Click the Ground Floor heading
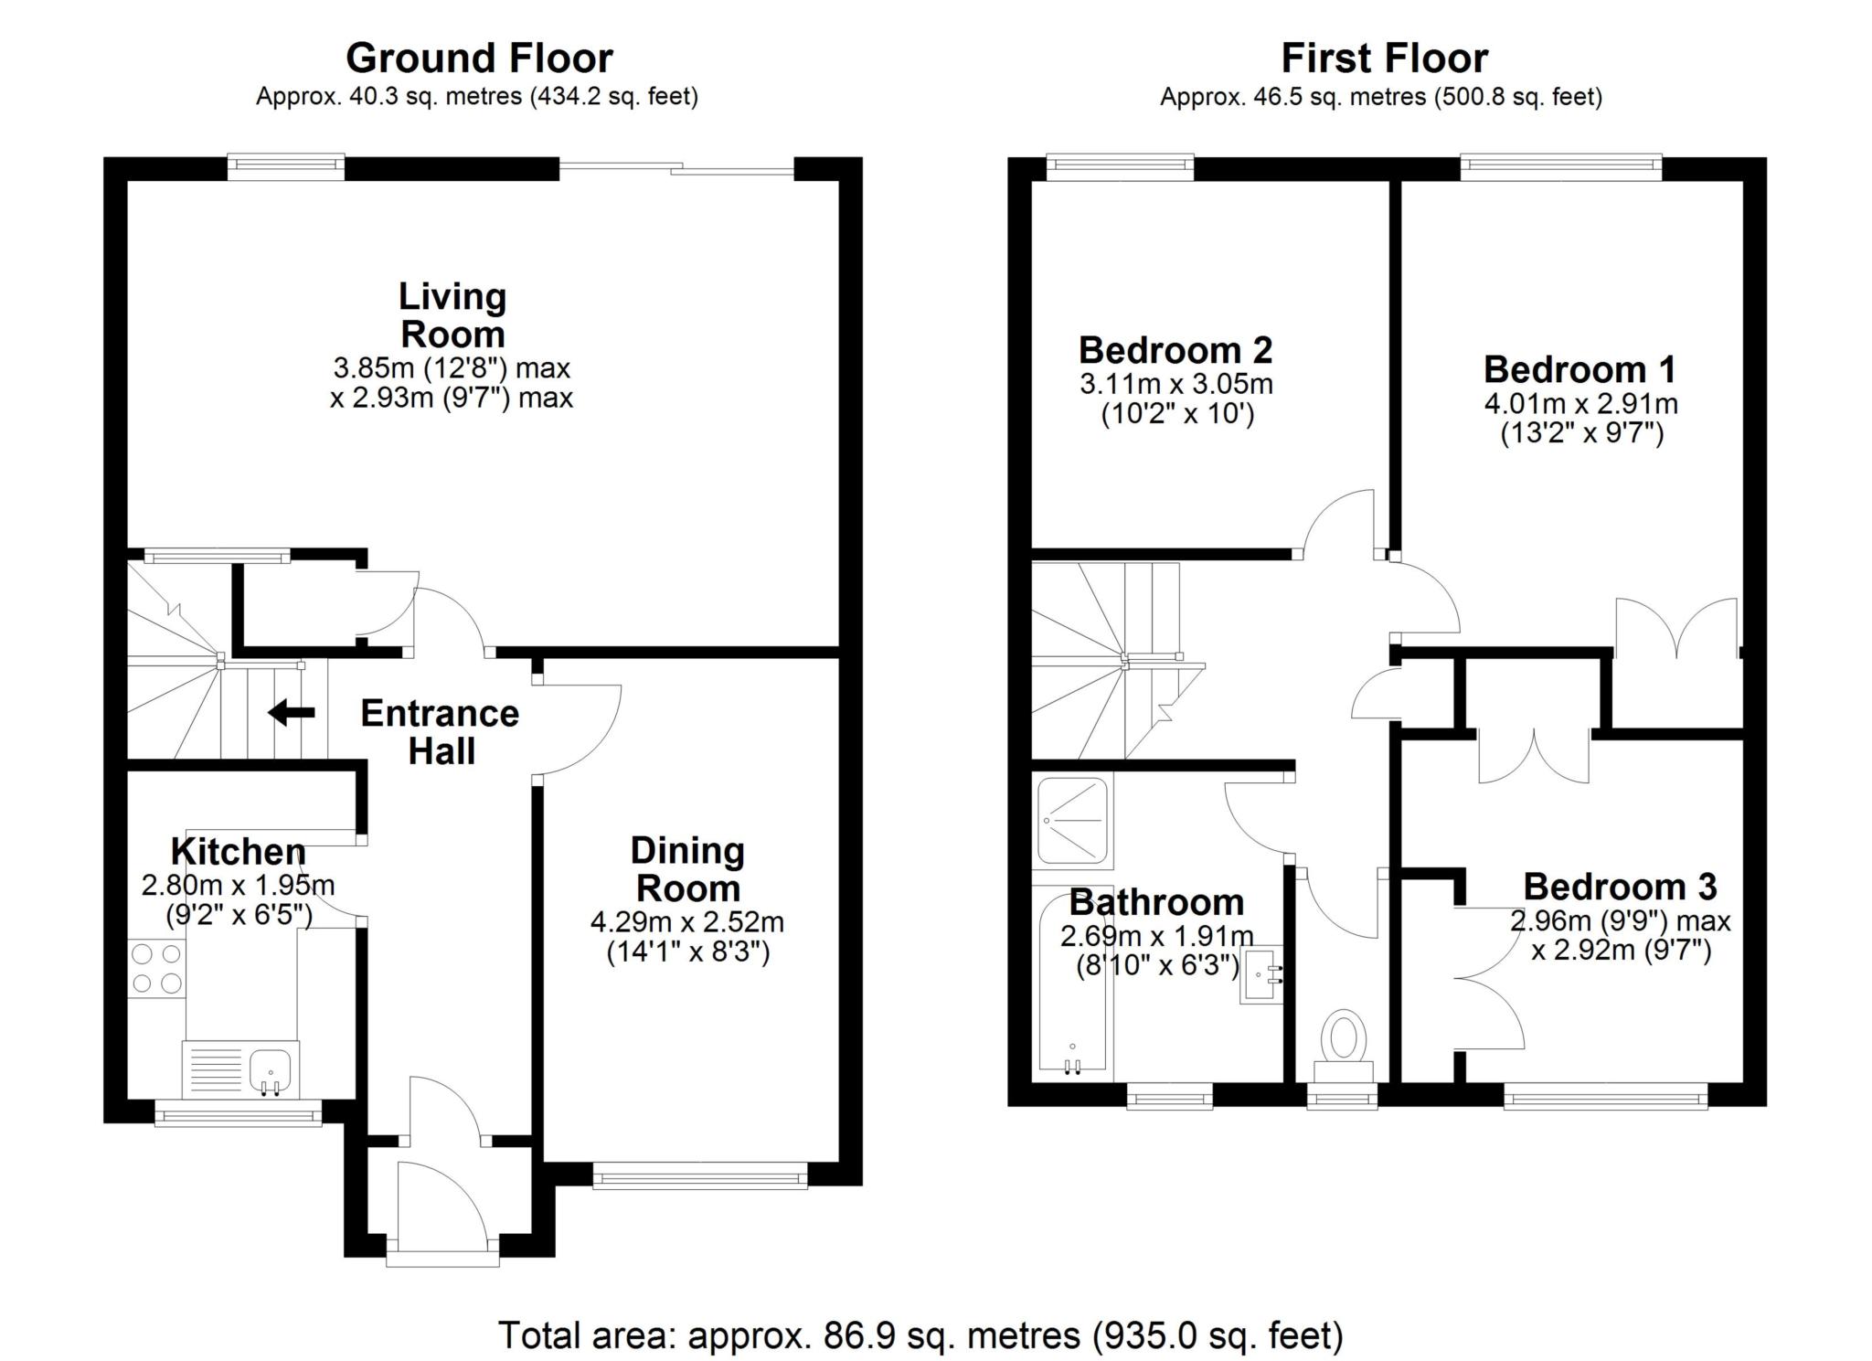(x=479, y=58)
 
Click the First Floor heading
(x=1384, y=58)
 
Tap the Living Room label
(x=452, y=315)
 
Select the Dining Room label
(x=687, y=869)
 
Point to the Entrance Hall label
(x=440, y=732)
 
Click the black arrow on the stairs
(x=292, y=712)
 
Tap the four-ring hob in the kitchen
(x=156, y=968)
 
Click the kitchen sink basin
(x=270, y=1070)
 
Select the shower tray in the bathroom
(x=1074, y=821)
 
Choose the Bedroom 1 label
(x=1579, y=369)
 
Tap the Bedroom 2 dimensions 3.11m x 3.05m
(x=1176, y=384)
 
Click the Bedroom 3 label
(x=1620, y=887)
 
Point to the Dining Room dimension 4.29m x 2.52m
(x=687, y=922)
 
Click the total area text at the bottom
(x=921, y=1335)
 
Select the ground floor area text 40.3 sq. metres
(x=435, y=96)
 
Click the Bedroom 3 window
(x=1606, y=1096)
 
